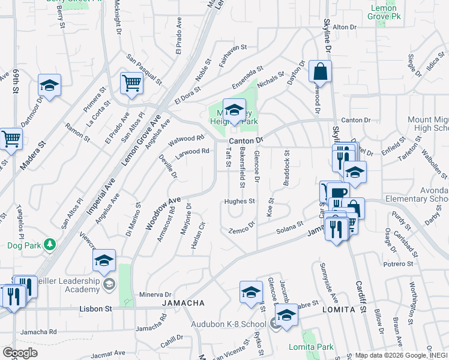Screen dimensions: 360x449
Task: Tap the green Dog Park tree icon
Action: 49,245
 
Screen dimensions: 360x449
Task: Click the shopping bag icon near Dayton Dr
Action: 321,71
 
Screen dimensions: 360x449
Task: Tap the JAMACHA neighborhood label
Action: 179,304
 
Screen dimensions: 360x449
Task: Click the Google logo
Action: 20,353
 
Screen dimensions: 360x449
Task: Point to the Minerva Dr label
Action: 155,295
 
